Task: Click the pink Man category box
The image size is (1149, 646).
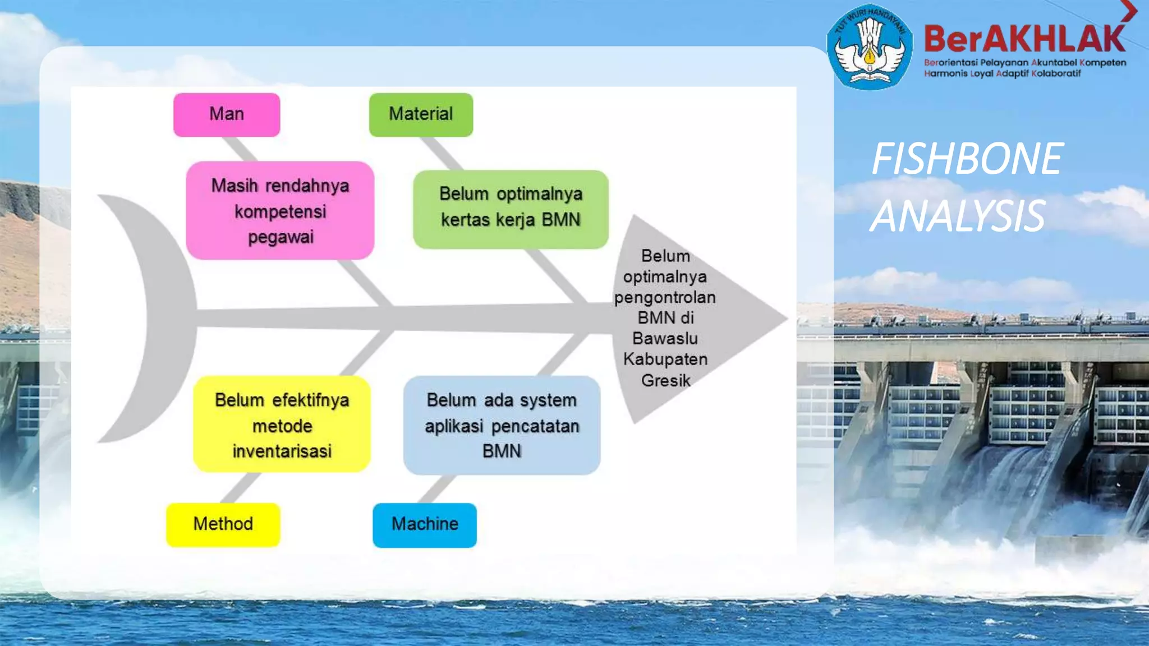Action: coord(227,115)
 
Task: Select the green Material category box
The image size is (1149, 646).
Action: coord(421,115)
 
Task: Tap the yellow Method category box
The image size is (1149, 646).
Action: coord(223,524)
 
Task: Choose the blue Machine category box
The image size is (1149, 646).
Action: coord(425,524)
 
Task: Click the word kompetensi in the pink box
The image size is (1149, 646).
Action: coord(281,212)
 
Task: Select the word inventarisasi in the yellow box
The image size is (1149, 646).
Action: coord(282,451)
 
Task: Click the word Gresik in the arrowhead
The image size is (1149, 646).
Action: coord(666,381)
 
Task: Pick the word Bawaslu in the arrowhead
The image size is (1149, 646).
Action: coord(665,339)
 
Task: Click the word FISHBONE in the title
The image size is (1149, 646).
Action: coord(967,159)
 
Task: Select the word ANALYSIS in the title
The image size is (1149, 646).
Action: coord(958,216)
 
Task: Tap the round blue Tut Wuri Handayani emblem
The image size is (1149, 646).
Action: coord(870,47)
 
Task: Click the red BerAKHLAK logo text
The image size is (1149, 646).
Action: coord(1024,39)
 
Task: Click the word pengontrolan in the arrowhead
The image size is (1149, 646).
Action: coord(665,297)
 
